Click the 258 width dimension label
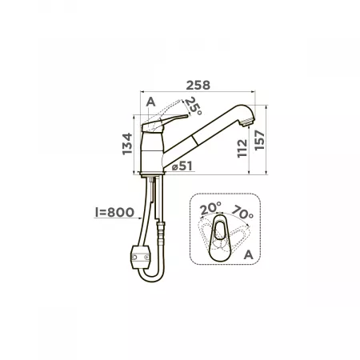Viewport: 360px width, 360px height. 198,86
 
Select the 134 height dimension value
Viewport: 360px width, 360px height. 127,143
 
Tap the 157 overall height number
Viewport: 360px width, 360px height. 259,140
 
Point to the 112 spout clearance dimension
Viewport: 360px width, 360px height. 242,148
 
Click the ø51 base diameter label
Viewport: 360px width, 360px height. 182,166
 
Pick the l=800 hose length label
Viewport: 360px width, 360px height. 114,212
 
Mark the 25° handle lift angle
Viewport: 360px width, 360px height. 194,106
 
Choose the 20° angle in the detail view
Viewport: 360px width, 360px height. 210,208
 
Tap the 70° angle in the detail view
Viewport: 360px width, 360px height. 242,212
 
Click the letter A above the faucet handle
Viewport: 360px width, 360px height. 150,102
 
